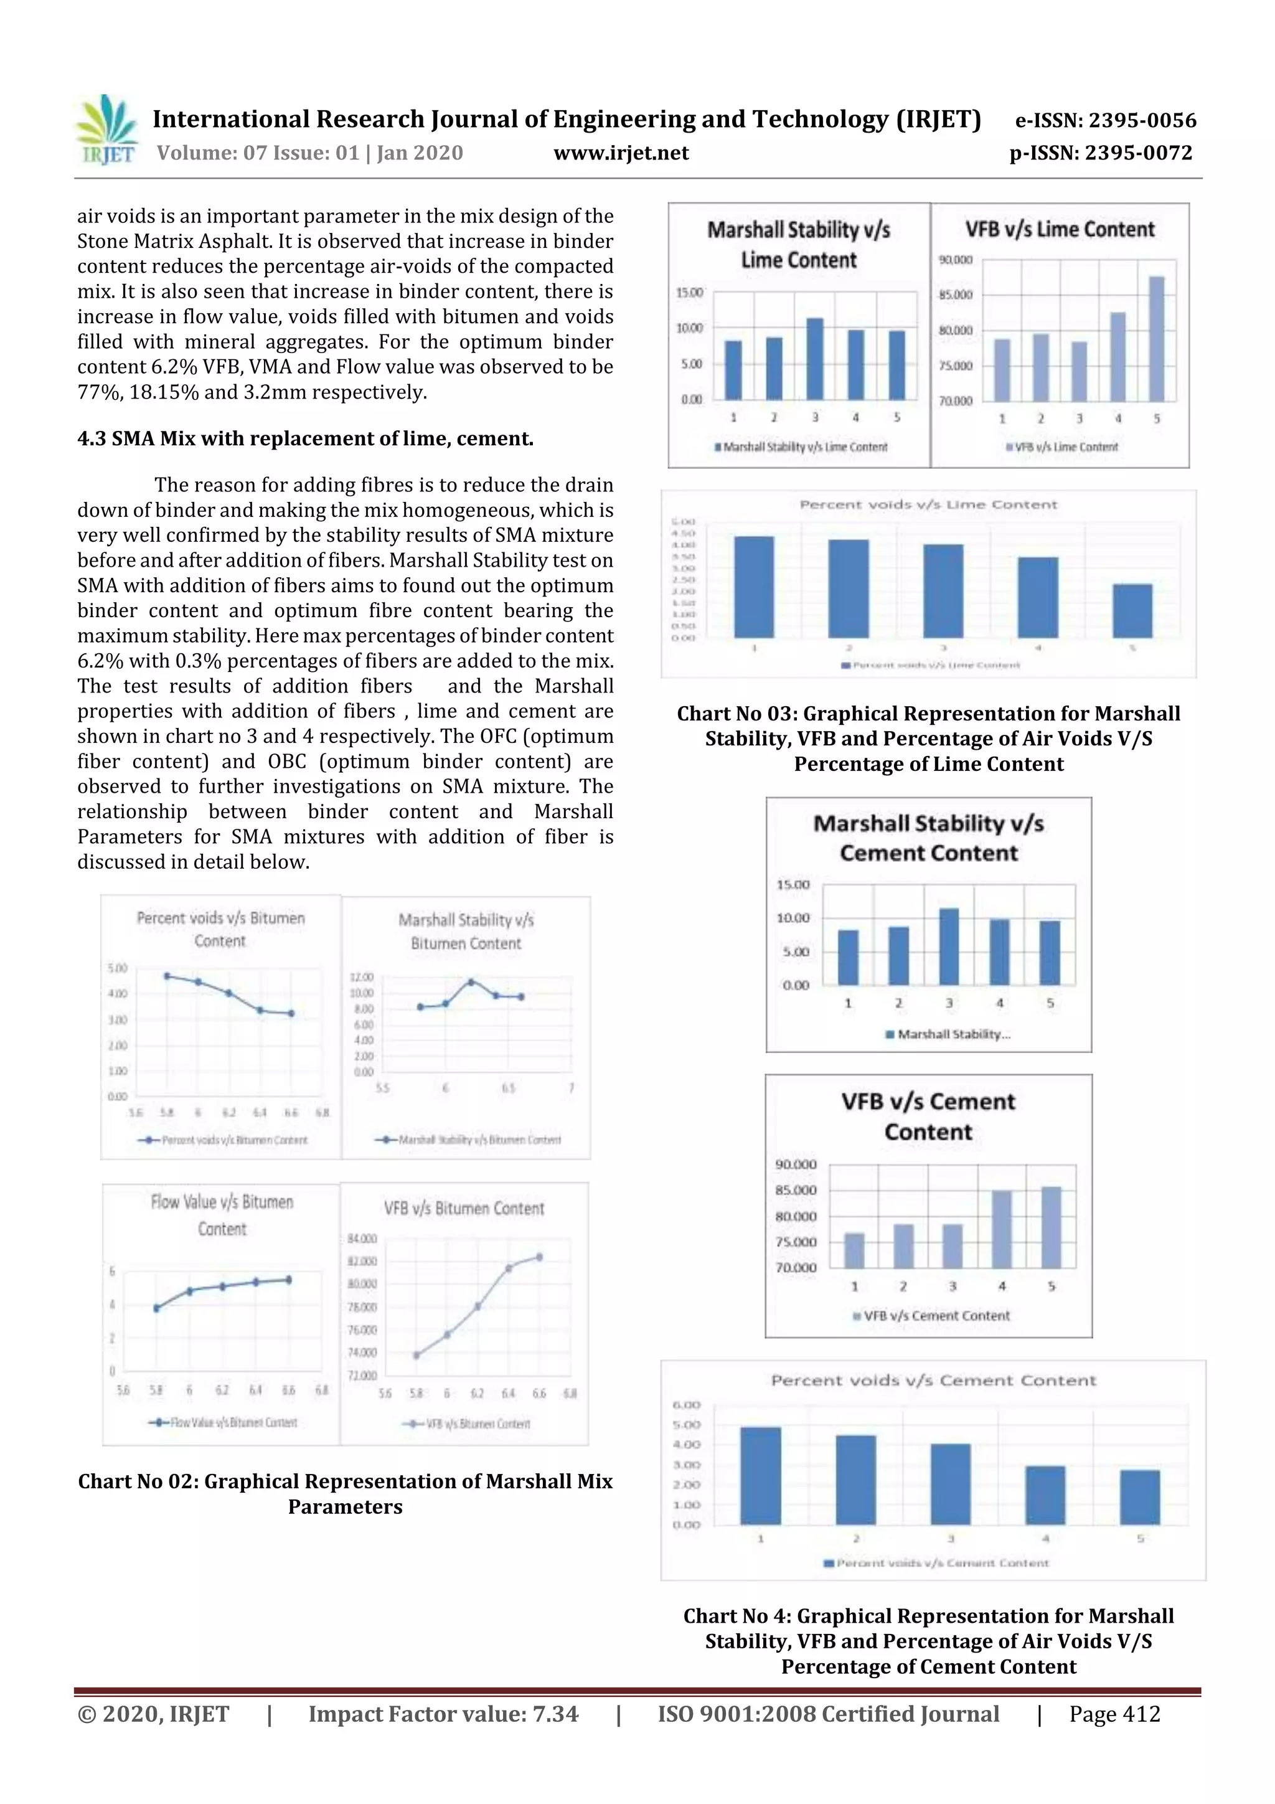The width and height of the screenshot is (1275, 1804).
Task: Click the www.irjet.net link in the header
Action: pos(621,153)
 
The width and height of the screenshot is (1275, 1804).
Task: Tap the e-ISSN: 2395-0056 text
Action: pos(1105,120)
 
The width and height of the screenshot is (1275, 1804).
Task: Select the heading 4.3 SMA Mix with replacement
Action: pos(305,438)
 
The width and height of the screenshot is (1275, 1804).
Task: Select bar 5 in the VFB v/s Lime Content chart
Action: pos(1156,339)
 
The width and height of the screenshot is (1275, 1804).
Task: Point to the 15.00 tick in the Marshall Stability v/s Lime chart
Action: pos(689,292)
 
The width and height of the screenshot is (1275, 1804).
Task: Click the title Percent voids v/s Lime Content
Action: pos(928,504)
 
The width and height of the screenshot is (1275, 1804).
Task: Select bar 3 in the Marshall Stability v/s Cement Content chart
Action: pos(949,946)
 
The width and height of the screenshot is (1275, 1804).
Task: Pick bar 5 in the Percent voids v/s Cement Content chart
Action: pos(1139,1497)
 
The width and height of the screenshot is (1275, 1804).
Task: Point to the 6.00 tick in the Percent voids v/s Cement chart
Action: pos(686,1405)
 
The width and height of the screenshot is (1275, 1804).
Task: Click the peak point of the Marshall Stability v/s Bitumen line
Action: pos(471,982)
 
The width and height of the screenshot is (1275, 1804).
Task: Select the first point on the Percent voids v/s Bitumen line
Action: pos(167,976)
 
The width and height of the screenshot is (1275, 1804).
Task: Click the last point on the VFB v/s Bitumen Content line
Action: pos(539,1257)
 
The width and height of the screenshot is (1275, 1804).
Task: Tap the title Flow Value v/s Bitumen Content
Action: pos(222,1215)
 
